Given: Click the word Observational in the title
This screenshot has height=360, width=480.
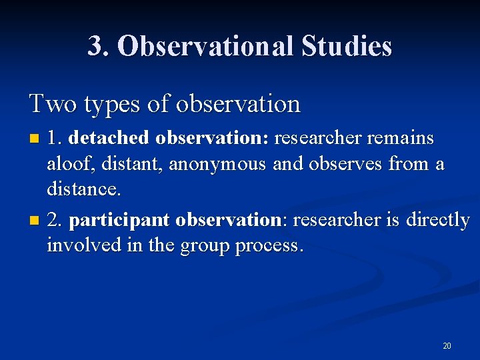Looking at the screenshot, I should [x=203, y=46].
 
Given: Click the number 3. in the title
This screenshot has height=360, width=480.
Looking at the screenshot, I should [x=99, y=46].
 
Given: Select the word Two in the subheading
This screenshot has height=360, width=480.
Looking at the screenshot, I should [x=49, y=103].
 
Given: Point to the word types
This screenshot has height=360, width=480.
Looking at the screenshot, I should [x=100, y=105].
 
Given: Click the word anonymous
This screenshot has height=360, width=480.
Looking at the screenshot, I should [x=217, y=165].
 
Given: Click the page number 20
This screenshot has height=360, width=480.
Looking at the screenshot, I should [x=447, y=346].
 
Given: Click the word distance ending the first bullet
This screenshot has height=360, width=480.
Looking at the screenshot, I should [x=83, y=189].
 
